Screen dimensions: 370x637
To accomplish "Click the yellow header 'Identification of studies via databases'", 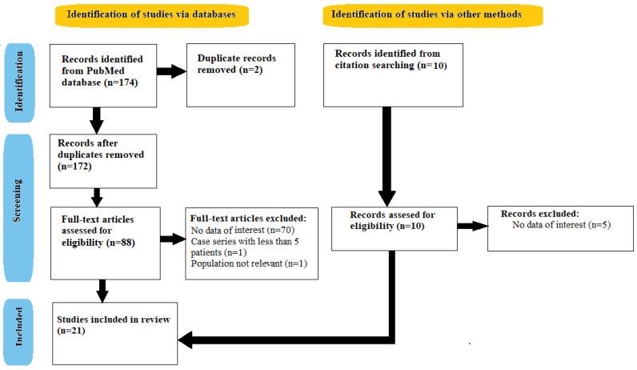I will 150,14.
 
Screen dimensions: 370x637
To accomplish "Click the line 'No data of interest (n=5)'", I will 559,227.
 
